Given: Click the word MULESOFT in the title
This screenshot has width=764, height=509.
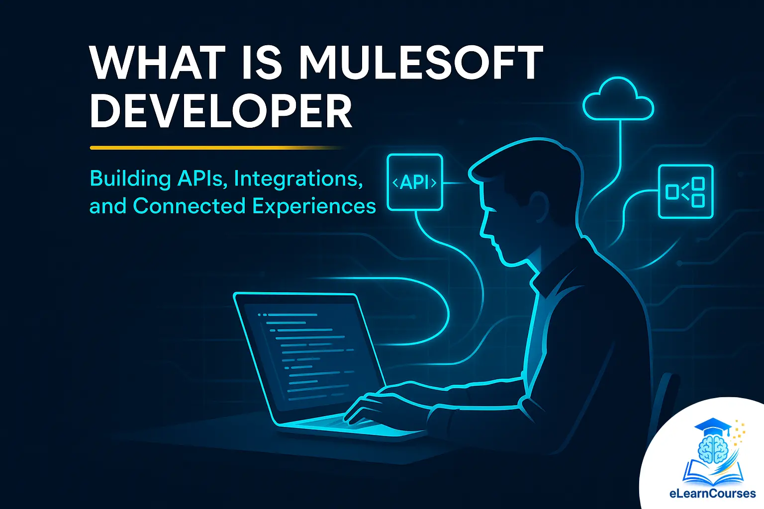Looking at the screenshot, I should [420, 63].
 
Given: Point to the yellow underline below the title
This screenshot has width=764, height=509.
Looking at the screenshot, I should [214, 148].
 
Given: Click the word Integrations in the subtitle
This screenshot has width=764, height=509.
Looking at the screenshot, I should [298, 178].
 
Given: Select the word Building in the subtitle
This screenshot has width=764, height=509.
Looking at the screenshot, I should [130, 178].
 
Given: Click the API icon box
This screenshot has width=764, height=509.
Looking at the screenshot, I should [415, 182].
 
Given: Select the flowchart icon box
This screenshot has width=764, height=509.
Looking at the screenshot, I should [685, 191].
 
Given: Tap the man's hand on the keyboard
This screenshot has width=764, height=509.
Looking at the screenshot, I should [371, 408].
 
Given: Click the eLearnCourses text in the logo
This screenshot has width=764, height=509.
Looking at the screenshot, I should [712, 494].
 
